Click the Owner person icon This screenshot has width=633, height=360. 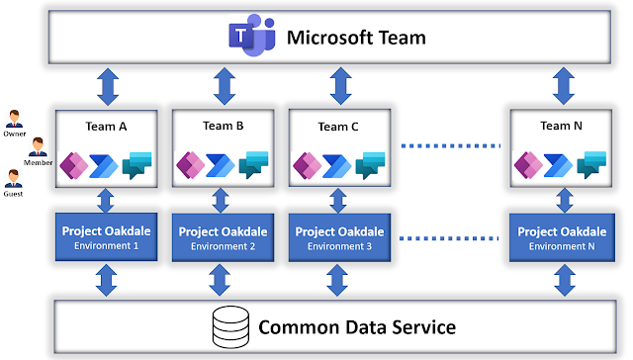click(15, 119)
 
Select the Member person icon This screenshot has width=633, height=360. click(37, 148)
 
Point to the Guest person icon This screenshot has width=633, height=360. click(15, 179)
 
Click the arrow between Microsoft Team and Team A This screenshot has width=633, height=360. click(107, 86)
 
